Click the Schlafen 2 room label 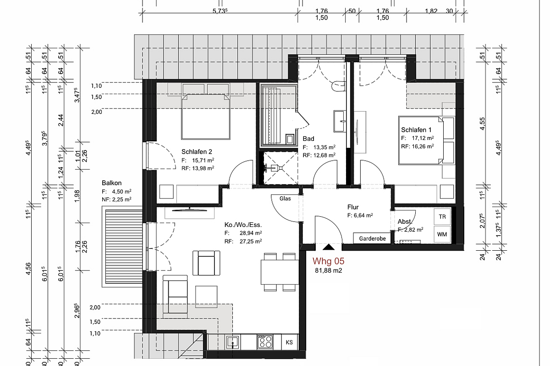click(x=197, y=152)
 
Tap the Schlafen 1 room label click(x=416, y=130)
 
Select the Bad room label click(x=308, y=139)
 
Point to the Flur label click(x=353, y=207)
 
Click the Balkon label click(x=112, y=183)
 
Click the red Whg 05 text click(x=328, y=261)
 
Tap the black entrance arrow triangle click(x=328, y=248)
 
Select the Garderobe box click(x=372, y=238)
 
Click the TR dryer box click(x=442, y=217)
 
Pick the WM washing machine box click(x=442, y=234)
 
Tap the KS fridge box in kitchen click(x=289, y=342)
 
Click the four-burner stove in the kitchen click(x=265, y=342)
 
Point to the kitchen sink click(x=232, y=342)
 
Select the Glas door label click(x=285, y=199)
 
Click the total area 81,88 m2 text click(x=328, y=271)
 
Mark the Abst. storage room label click(x=404, y=222)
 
